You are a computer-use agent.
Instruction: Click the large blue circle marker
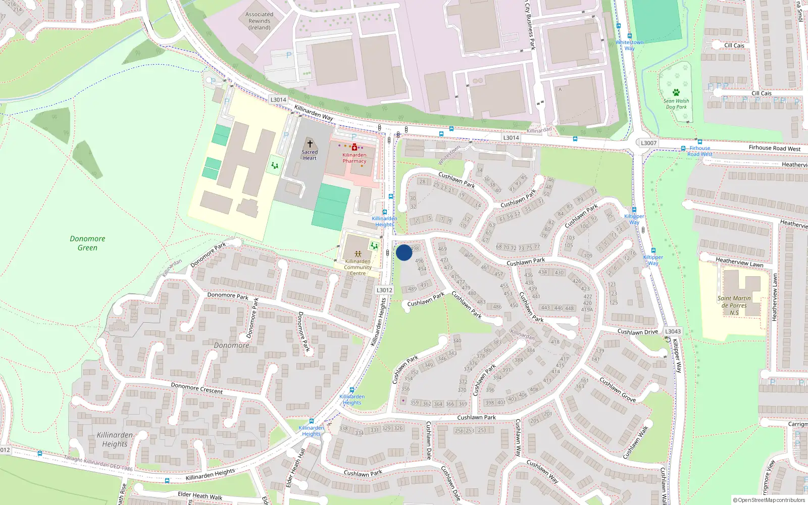404,252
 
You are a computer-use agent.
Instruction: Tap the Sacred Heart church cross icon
310,144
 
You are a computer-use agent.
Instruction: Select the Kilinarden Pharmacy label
354,158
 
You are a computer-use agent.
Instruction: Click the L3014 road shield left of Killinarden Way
278,99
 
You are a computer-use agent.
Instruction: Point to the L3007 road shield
649,143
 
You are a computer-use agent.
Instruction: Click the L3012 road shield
384,290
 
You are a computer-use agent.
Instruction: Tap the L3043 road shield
673,331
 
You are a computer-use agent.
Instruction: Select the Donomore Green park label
87,243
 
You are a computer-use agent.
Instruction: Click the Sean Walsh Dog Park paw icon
676,92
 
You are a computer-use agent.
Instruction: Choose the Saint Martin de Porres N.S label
734,305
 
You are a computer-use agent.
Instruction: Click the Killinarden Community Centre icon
358,254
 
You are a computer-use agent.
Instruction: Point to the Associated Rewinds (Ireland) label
259,21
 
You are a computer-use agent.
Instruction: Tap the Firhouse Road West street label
774,148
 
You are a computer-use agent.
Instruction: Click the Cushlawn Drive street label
637,332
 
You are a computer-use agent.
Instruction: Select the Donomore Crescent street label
196,388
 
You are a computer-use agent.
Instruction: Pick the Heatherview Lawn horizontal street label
739,262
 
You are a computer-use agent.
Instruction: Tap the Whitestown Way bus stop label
629,45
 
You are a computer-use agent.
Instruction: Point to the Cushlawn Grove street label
618,389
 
